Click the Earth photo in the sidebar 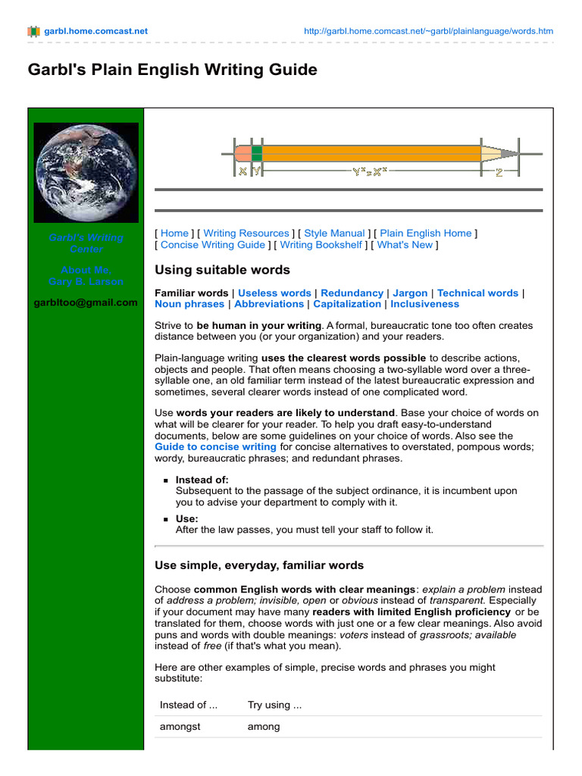86,172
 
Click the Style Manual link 334,233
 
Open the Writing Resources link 246,233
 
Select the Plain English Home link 425,233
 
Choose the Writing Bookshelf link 321,245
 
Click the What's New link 404,245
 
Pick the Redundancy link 352,293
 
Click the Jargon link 410,293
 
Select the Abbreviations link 269,304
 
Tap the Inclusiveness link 424,304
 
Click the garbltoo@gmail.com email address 86,302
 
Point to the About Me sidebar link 86,270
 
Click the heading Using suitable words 222,270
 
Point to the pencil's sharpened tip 511,153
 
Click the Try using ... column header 274,705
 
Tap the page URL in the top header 428,31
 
